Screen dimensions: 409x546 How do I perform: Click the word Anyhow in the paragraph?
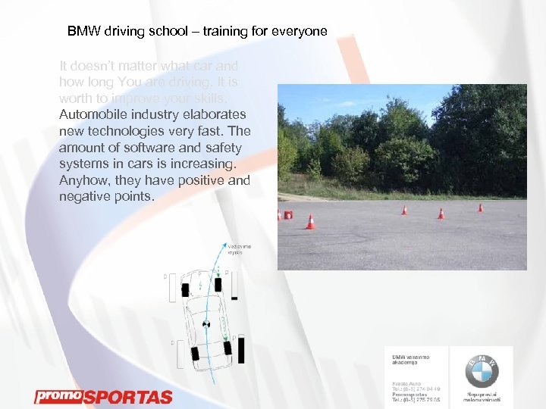click(83, 180)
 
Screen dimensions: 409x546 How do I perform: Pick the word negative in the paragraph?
click(85, 197)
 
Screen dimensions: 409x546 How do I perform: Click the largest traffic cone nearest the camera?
click(310, 221)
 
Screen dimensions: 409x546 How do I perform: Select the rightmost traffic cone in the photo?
click(480, 207)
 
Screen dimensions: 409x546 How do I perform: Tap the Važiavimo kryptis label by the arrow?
click(240, 249)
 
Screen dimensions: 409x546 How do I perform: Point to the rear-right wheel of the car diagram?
click(227, 348)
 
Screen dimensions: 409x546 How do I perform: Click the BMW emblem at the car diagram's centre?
click(206, 324)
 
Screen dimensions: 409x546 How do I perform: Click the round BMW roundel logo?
click(482, 371)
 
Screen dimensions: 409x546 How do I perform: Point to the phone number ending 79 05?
click(415, 400)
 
